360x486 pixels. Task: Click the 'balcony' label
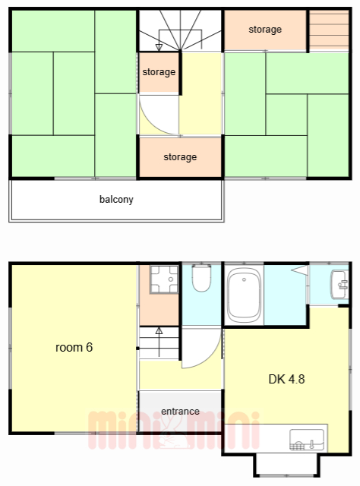116,199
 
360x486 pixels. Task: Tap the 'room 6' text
74,348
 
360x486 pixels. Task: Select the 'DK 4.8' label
286,379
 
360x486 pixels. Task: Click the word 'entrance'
180,412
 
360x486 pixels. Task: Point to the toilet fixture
201,278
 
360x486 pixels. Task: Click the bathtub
244,295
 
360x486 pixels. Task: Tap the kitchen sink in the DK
307,440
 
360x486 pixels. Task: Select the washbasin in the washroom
339,285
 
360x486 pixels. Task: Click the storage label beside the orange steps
265,30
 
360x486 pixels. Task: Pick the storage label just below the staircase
159,72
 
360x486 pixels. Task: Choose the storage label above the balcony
180,157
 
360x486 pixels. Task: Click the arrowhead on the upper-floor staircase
159,47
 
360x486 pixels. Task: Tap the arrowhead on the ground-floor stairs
159,331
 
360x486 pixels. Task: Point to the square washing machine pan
164,279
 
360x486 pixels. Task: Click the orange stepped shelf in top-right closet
329,30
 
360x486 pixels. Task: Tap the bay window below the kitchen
286,465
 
